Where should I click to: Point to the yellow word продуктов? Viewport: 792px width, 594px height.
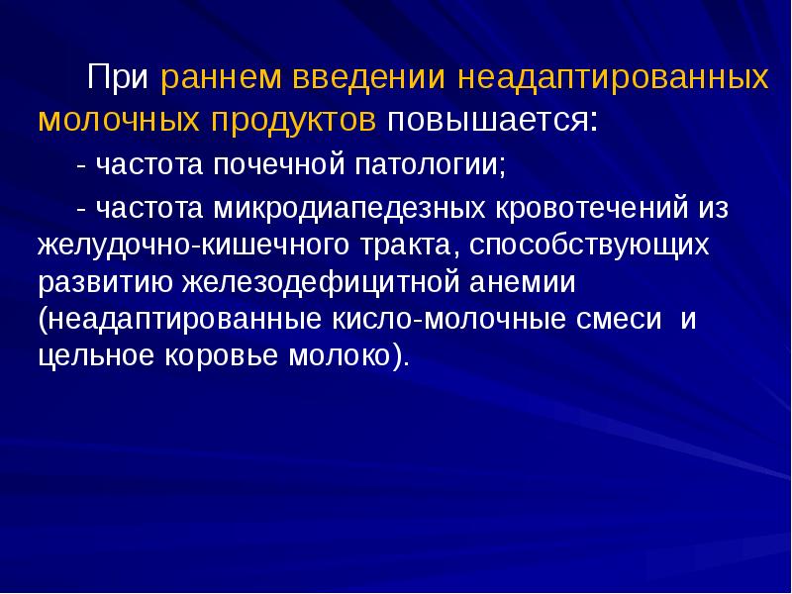pos(291,120)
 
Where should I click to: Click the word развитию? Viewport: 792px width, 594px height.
pos(104,282)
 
